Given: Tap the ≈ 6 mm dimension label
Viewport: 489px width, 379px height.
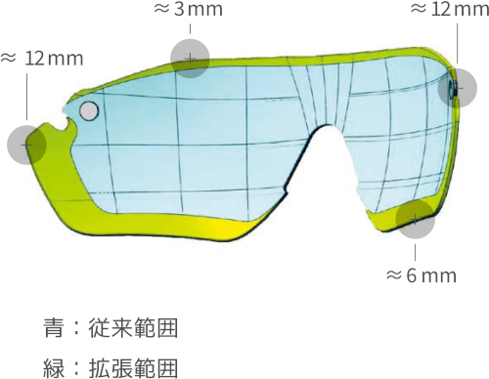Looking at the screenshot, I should point(422,274).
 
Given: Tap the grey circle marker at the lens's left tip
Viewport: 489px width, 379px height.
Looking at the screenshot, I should point(26,145).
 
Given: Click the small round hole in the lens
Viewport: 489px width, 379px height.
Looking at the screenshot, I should point(87,110).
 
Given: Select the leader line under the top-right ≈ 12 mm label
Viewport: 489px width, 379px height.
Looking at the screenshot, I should point(457,44).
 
